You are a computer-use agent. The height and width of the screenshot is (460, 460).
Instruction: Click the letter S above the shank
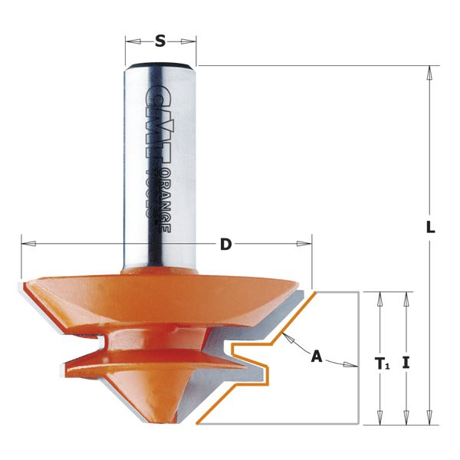point(159,41)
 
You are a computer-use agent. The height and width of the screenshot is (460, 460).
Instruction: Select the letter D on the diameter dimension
point(225,245)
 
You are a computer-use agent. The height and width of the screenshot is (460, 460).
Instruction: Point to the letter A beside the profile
point(316,356)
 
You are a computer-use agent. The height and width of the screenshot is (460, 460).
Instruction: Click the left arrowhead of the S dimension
point(130,41)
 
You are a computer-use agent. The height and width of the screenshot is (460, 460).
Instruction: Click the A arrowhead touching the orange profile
point(285,338)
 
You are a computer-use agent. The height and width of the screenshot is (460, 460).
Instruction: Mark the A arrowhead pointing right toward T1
point(354,365)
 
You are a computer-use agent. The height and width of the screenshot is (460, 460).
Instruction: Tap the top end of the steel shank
point(159,62)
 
